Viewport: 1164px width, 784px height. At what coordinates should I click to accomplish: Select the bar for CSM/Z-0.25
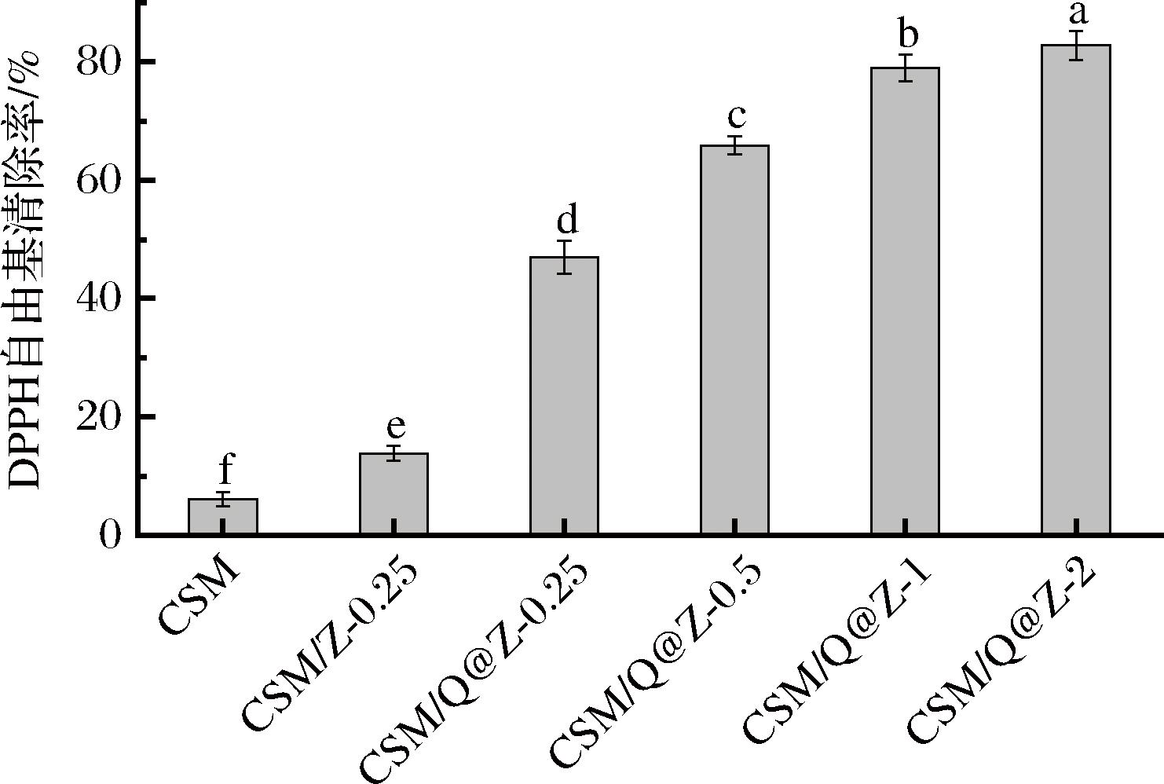(393, 494)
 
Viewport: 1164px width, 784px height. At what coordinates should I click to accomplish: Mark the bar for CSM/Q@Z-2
(1075, 290)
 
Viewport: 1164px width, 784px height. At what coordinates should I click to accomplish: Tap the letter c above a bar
(736, 116)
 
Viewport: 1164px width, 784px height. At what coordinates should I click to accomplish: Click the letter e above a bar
(396, 427)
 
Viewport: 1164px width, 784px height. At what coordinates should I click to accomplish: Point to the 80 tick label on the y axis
(100, 62)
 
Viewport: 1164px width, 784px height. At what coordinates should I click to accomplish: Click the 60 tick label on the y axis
(100, 181)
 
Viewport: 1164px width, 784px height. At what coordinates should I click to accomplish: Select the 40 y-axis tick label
(100, 299)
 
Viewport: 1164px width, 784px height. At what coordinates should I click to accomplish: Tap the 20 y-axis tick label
(100, 417)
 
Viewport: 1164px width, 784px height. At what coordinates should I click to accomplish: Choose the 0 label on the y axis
(111, 536)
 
